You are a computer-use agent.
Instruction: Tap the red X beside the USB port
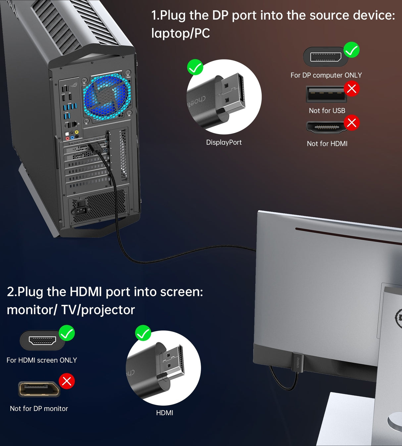[352, 89]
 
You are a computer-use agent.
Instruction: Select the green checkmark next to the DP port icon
[351, 50]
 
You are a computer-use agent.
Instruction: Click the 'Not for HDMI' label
[327, 144]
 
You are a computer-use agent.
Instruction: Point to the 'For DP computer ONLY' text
[326, 75]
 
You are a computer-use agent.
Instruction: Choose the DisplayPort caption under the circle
[224, 142]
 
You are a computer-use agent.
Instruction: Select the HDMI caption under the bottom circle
[165, 413]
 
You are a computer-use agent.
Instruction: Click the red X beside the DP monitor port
[67, 381]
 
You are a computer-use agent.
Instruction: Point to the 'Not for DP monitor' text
[39, 409]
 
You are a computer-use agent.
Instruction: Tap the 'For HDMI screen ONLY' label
[42, 360]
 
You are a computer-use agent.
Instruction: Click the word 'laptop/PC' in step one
[180, 33]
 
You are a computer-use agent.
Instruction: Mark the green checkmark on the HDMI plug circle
[143, 333]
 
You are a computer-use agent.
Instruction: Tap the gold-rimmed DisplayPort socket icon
[39, 389]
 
